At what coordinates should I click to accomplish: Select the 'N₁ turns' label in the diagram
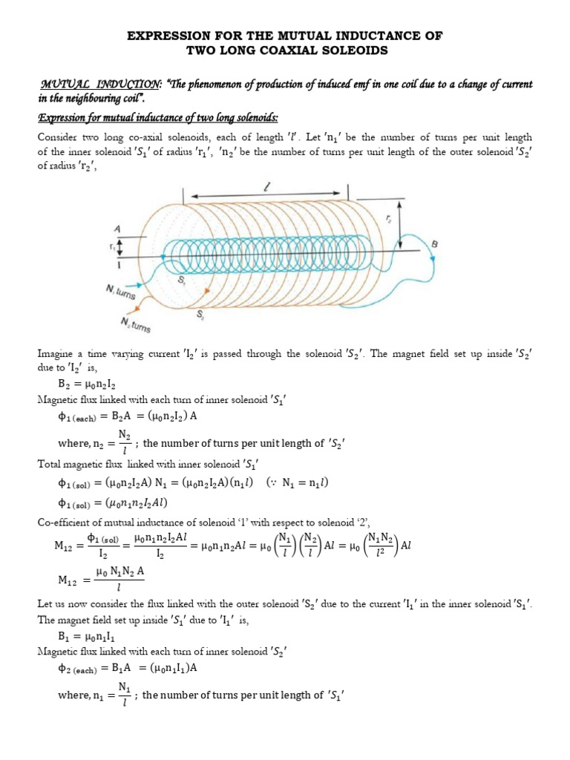click(x=122, y=291)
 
